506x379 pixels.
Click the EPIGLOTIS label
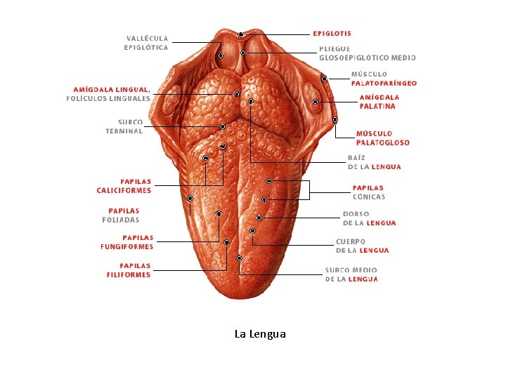pyautogui.click(x=332, y=33)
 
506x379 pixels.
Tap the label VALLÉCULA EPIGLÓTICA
pyautogui.click(x=147, y=43)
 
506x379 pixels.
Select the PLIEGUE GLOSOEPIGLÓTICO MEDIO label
pyautogui.click(x=367, y=53)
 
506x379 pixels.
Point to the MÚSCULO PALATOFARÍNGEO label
pyautogui.click(x=384, y=79)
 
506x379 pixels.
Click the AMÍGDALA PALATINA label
pyautogui.click(x=379, y=102)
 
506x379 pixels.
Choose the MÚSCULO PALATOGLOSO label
pyautogui.click(x=382, y=138)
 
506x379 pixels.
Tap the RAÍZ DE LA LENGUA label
pyautogui.click(x=375, y=162)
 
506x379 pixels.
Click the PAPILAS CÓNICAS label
pyautogui.click(x=368, y=192)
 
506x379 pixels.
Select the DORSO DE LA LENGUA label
pyautogui.click(x=369, y=218)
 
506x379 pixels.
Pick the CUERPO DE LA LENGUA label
pyautogui.click(x=362, y=246)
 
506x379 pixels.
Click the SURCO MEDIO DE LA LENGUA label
pyautogui.click(x=351, y=274)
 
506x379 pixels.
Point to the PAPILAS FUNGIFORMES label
pyautogui.click(x=127, y=242)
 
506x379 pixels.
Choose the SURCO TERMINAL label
pyautogui.click(x=124, y=126)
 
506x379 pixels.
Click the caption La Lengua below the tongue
pyautogui.click(x=260, y=334)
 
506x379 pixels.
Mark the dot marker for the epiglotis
pyautogui.click(x=241, y=34)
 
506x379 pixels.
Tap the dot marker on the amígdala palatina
pyautogui.click(x=316, y=103)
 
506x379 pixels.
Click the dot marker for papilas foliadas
pyautogui.click(x=190, y=199)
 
